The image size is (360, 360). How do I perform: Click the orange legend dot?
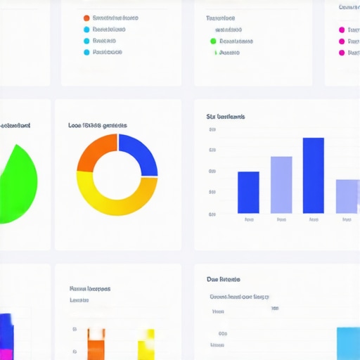86,18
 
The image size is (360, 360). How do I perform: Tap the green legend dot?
213,41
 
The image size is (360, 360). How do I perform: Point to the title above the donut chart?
98,125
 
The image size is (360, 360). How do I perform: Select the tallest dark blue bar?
313,175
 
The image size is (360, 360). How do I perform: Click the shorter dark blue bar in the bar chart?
248,192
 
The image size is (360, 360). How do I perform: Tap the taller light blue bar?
281,184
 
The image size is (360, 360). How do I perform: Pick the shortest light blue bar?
347,196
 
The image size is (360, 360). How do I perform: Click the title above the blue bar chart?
225,116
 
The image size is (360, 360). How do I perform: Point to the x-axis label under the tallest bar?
313,219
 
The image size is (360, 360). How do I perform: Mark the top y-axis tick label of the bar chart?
212,129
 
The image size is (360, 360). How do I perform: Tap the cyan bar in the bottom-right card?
348,343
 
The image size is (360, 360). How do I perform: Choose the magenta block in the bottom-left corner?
6,354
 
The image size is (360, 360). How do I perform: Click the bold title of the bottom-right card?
224,279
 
